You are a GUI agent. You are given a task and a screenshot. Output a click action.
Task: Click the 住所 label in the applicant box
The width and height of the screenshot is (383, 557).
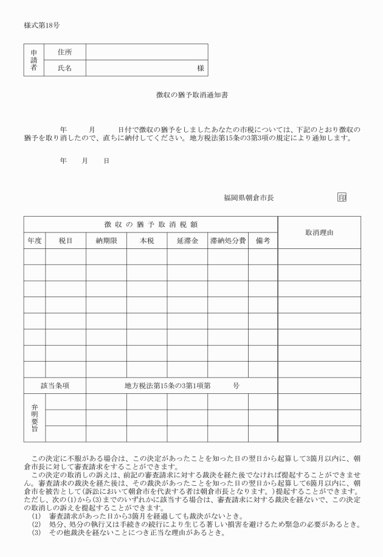point(64,52)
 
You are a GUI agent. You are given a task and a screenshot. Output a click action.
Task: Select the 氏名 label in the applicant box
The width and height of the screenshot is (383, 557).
point(64,68)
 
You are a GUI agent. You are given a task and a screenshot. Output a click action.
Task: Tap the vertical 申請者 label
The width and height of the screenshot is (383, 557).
point(34,60)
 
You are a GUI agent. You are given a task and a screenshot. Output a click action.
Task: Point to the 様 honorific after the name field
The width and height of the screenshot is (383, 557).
point(200,69)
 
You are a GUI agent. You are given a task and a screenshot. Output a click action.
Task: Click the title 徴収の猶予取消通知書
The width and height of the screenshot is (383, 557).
point(191,96)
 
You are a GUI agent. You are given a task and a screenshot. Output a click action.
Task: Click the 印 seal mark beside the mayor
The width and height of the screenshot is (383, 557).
point(342,197)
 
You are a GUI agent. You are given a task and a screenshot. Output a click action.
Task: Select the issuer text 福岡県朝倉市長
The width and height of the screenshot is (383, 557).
point(249,197)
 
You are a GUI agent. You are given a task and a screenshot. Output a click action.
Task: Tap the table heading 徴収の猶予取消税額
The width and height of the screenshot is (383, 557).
point(151,225)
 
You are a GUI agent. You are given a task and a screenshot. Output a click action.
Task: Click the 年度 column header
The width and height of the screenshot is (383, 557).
point(35,241)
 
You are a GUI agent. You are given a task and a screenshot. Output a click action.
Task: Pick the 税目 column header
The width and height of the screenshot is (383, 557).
point(66,241)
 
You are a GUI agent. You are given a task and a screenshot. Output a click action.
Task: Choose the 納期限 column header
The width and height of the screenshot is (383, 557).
point(106,241)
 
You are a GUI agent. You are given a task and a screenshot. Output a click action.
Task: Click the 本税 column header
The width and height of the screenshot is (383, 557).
point(147,241)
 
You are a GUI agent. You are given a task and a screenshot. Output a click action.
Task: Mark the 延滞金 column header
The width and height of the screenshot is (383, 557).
point(187,241)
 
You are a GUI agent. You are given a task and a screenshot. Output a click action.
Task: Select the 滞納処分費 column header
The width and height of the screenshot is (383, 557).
point(227,241)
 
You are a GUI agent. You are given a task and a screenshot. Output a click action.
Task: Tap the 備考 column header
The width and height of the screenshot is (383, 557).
point(263,241)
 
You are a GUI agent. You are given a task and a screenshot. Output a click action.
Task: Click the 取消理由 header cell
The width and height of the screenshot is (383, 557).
point(319,233)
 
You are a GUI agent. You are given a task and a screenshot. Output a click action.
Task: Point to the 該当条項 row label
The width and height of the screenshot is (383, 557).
point(55,385)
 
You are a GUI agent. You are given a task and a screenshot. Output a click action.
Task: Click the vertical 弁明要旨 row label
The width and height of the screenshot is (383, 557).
point(35,418)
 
